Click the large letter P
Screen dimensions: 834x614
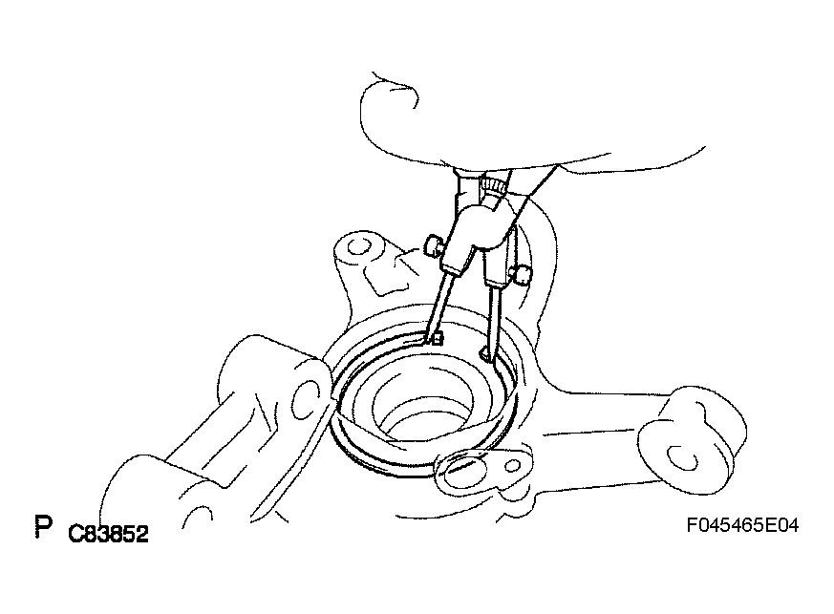(44, 526)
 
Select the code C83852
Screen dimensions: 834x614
(109, 534)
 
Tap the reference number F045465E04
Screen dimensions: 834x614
(742, 525)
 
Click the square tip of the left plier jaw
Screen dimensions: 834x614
(438, 339)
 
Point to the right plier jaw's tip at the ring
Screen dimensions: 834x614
(485, 353)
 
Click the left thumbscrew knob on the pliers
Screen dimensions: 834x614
(433, 246)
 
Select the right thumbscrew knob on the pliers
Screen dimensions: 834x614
(521, 274)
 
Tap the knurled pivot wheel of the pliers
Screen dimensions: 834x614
(493, 186)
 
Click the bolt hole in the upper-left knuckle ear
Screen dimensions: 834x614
(359, 246)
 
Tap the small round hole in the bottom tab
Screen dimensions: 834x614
(513, 466)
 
